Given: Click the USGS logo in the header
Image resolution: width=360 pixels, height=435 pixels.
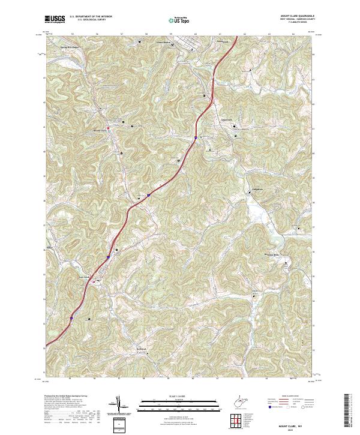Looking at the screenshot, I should (55, 19).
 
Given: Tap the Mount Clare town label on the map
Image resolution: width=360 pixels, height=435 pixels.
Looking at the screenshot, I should (99, 130).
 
